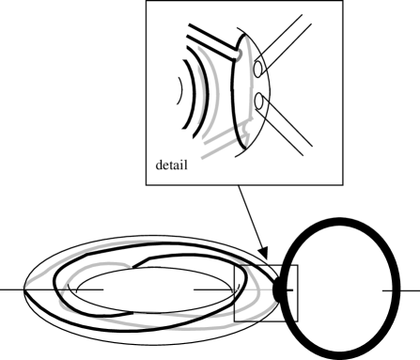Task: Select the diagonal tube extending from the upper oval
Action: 287,42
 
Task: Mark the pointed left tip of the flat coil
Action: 23,290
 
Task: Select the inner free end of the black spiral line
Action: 136,264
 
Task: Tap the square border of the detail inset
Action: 146,94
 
